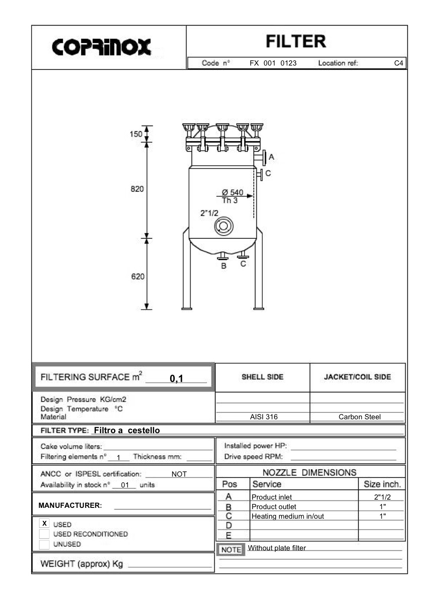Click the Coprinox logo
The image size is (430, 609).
102,47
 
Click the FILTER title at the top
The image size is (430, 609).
295,42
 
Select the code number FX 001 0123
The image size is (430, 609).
273,63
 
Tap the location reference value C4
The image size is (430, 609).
398,63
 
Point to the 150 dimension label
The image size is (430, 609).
136,134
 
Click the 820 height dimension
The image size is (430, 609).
137,189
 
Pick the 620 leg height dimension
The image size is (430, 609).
138,277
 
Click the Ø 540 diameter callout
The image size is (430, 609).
233,192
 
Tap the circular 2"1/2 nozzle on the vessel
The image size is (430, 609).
223,226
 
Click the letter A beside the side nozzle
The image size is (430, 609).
272,157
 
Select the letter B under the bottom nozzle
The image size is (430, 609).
224,266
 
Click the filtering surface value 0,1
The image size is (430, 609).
177,379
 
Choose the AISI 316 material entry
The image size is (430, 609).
264,417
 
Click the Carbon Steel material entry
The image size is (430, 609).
359,417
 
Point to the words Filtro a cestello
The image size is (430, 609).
127,430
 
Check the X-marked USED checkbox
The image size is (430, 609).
44,523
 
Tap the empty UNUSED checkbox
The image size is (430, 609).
44,544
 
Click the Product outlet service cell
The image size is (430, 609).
274,507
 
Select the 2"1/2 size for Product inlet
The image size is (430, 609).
382,497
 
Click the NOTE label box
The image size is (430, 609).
231,550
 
